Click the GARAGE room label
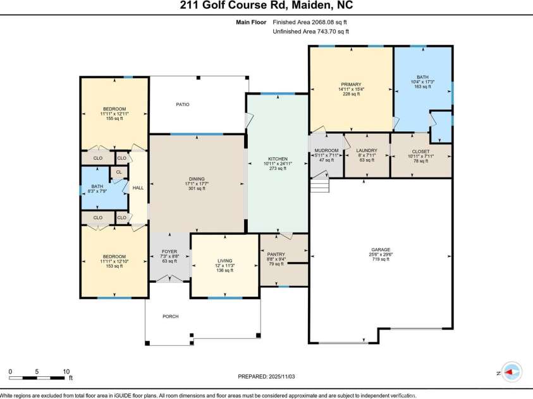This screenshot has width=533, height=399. [380, 249]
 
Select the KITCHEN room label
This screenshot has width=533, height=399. [278, 158]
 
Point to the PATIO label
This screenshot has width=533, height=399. [182, 104]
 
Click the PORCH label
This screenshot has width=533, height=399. [171, 317]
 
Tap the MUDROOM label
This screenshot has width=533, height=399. [326, 150]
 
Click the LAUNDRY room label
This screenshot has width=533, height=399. [366, 151]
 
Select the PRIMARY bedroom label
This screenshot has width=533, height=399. [351, 85]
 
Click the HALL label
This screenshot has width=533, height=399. [138, 188]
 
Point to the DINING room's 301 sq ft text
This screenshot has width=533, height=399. [197, 188]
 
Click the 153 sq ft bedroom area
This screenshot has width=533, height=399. [114, 266]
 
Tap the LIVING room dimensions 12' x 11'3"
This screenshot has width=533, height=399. [224, 266]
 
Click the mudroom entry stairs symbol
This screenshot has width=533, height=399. [320, 185]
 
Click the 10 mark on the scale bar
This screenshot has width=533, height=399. [66, 371]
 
